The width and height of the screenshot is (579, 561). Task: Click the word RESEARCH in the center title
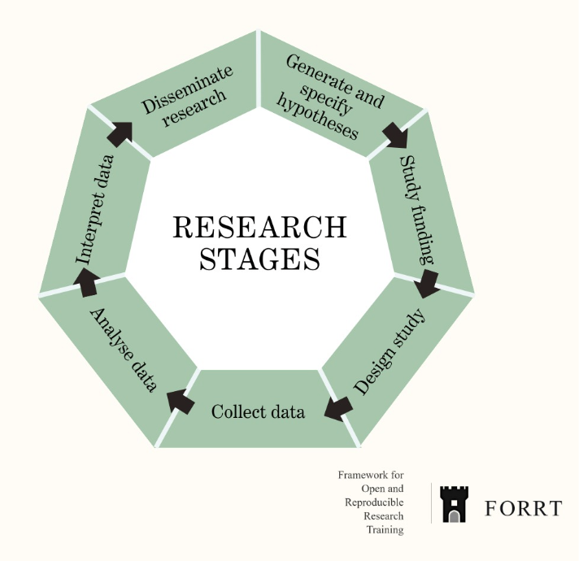[x=259, y=227]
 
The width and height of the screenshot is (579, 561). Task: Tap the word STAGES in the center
[x=259, y=259]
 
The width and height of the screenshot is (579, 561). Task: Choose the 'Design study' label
[x=390, y=351]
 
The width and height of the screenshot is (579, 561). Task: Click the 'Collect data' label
[x=258, y=412]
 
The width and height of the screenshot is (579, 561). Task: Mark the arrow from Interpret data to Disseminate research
[x=120, y=133]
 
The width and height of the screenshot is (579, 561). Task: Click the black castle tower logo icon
[x=454, y=504]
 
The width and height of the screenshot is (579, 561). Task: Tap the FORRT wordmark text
[x=523, y=509]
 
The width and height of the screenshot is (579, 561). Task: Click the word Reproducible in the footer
[x=372, y=502]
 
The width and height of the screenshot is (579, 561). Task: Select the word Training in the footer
[x=384, y=530]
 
